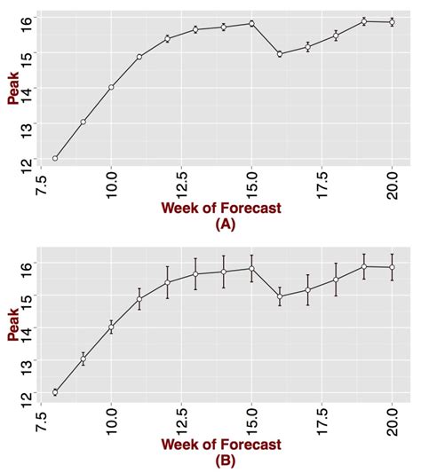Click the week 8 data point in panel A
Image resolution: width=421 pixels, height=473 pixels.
coord(55,158)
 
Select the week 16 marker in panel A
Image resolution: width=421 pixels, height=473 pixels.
coord(280,53)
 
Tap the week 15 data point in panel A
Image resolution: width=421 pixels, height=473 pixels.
coord(251,24)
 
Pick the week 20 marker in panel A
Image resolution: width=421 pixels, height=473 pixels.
coord(392,22)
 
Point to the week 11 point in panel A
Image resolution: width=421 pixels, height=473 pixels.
coord(139,57)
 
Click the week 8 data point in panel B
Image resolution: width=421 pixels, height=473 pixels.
coord(55,392)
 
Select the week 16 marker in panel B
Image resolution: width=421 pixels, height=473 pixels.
coord(280,296)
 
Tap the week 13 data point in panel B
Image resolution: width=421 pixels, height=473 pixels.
coord(195,273)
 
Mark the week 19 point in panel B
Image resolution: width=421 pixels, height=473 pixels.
coord(364,266)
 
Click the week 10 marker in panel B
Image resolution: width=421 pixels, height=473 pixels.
coord(111,327)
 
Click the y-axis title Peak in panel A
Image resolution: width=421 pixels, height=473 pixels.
coord(13,89)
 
